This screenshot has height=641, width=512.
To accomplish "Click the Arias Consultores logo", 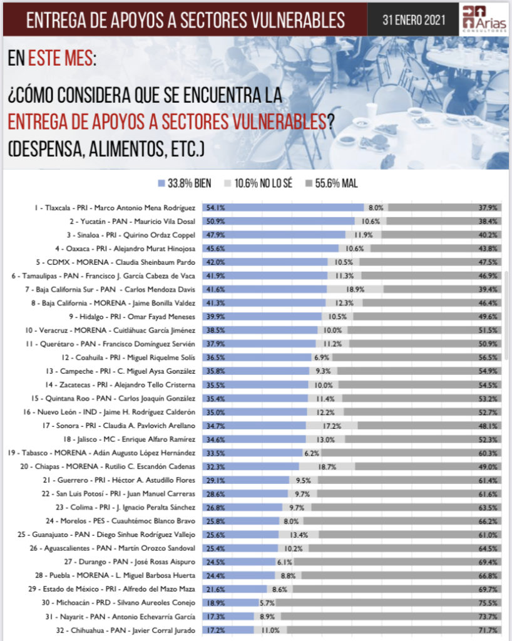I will coord(483,18).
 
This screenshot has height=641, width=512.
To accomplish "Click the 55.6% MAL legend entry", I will coord(335,183).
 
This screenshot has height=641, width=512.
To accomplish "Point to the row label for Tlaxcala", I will coord(115,207).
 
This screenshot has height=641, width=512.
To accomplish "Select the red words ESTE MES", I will coord(61,61).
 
